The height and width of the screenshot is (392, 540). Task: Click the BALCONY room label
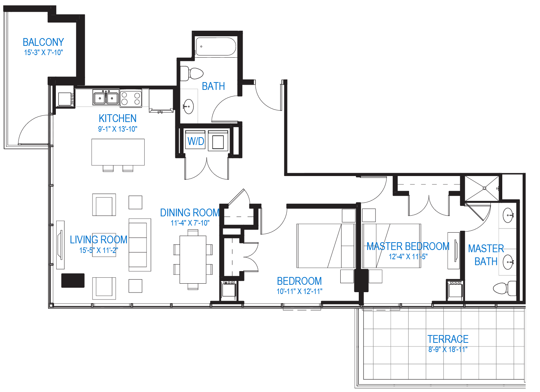pos(43,42)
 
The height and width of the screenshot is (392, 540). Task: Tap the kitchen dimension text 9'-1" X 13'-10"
pos(118,129)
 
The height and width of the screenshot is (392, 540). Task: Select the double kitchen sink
pos(106,98)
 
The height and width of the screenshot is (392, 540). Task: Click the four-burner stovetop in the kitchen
pos(131,98)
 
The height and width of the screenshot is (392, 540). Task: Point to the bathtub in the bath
pos(216,47)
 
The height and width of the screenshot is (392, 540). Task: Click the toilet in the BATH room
pos(192,74)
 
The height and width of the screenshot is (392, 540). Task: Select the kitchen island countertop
pos(118,152)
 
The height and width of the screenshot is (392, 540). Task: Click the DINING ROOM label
pos(190,213)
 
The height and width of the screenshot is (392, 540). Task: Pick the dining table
pos(193,260)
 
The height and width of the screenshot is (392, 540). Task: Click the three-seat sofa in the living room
pos(140,245)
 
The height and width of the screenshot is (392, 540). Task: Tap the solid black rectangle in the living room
pos(73,280)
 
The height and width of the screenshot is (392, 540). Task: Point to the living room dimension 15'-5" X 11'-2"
pos(99,250)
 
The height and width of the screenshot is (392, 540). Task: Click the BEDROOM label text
pos(300,281)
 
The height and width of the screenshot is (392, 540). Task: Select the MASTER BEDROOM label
pos(408,246)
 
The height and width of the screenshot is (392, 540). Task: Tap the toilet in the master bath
pos(504,288)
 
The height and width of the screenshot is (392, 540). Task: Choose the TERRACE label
pos(448,339)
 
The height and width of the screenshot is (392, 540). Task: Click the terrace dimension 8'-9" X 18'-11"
pos(448,349)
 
